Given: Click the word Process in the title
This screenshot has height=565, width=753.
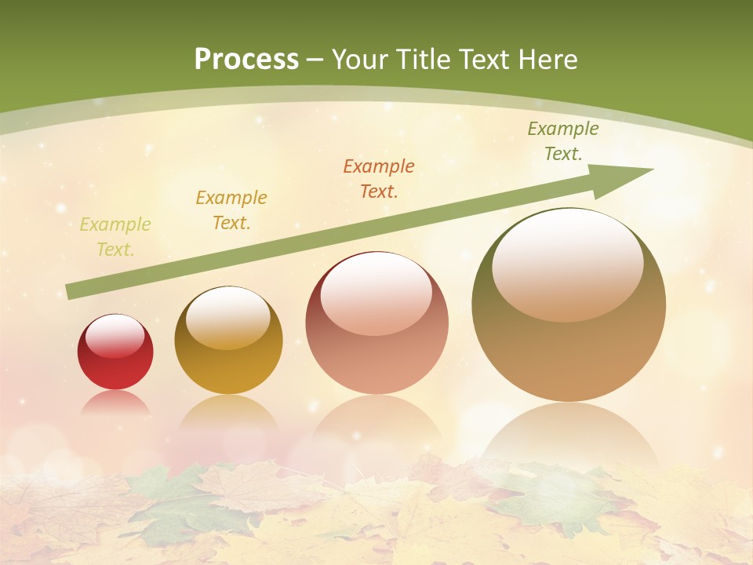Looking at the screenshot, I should [246, 60].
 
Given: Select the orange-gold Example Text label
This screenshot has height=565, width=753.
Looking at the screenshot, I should [231, 210].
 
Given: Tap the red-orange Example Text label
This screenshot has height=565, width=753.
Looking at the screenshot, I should [379, 178].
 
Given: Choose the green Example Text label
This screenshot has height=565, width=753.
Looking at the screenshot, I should [563, 141].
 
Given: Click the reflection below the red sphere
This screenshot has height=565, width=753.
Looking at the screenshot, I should [115, 403].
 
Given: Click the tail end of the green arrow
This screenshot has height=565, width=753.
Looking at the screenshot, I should [72, 291].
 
